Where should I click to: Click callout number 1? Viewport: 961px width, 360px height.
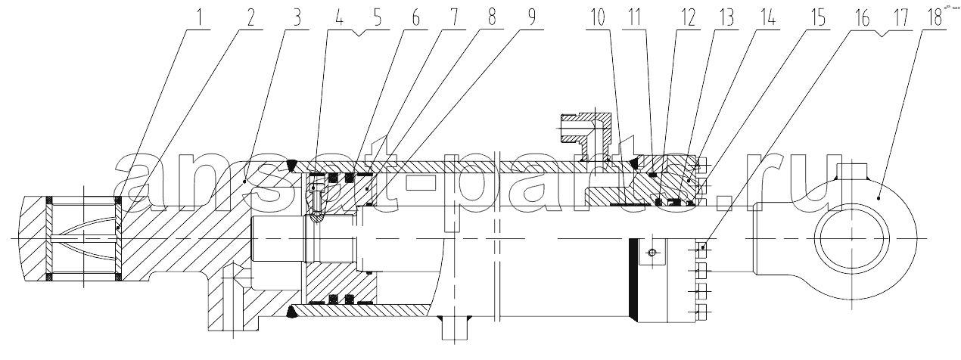pos(200,17)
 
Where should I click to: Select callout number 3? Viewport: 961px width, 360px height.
pos(297,17)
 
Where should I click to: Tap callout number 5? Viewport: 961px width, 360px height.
pos(378,17)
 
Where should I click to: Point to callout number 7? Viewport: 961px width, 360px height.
pos(454,17)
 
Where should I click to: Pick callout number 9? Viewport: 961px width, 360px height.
pos(531,17)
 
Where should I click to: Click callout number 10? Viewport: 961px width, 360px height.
pos(597,18)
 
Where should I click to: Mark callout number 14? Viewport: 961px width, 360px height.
pos(767,18)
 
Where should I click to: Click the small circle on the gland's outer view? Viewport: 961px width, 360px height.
pos(652,253)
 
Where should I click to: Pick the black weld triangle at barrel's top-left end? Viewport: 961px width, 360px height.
pos(292,165)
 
